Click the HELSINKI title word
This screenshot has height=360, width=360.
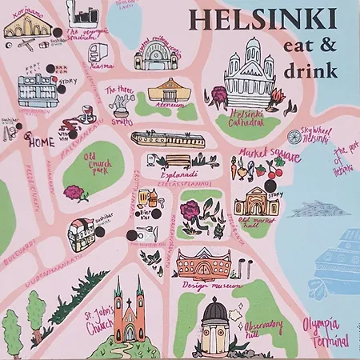point(262,18)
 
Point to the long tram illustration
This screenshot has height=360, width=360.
point(168,139)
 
